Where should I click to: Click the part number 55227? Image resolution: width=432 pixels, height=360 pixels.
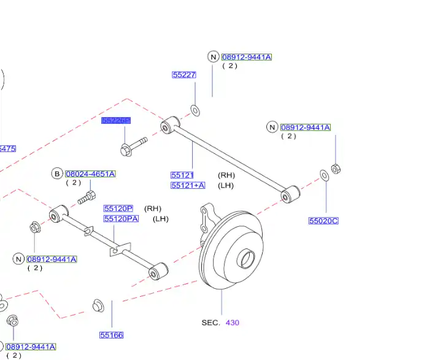tap(183, 75)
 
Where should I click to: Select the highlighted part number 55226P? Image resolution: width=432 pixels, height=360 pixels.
tap(116, 121)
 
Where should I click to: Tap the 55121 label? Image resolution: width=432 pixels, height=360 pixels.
tap(182, 175)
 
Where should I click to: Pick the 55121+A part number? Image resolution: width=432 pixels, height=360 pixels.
tap(188, 185)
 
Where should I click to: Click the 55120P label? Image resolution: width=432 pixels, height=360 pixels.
tap(118, 209)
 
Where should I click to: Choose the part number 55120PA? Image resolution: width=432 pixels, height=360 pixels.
tap(121, 219)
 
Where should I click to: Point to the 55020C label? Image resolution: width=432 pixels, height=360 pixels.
tap(323, 221)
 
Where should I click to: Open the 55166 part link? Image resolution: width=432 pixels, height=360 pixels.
tap(111, 335)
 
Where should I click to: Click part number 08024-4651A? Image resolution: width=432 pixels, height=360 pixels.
tap(90, 174)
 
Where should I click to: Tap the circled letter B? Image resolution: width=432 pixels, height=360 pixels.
tap(57, 174)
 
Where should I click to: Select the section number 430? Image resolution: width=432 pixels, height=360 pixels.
tap(233, 322)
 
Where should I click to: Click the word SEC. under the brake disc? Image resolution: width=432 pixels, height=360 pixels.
tap(210, 322)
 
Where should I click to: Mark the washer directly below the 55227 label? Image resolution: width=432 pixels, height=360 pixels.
tap(195, 110)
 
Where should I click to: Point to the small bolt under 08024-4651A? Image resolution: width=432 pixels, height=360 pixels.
tap(87, 198)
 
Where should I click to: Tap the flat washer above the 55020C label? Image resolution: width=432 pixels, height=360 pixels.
tap(324, 176)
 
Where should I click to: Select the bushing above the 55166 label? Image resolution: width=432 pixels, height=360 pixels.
tap(96, 304)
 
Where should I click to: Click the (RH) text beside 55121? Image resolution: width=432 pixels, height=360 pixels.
tap(226, 175)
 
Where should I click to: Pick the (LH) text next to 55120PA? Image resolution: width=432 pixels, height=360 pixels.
tap(160, 219)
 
